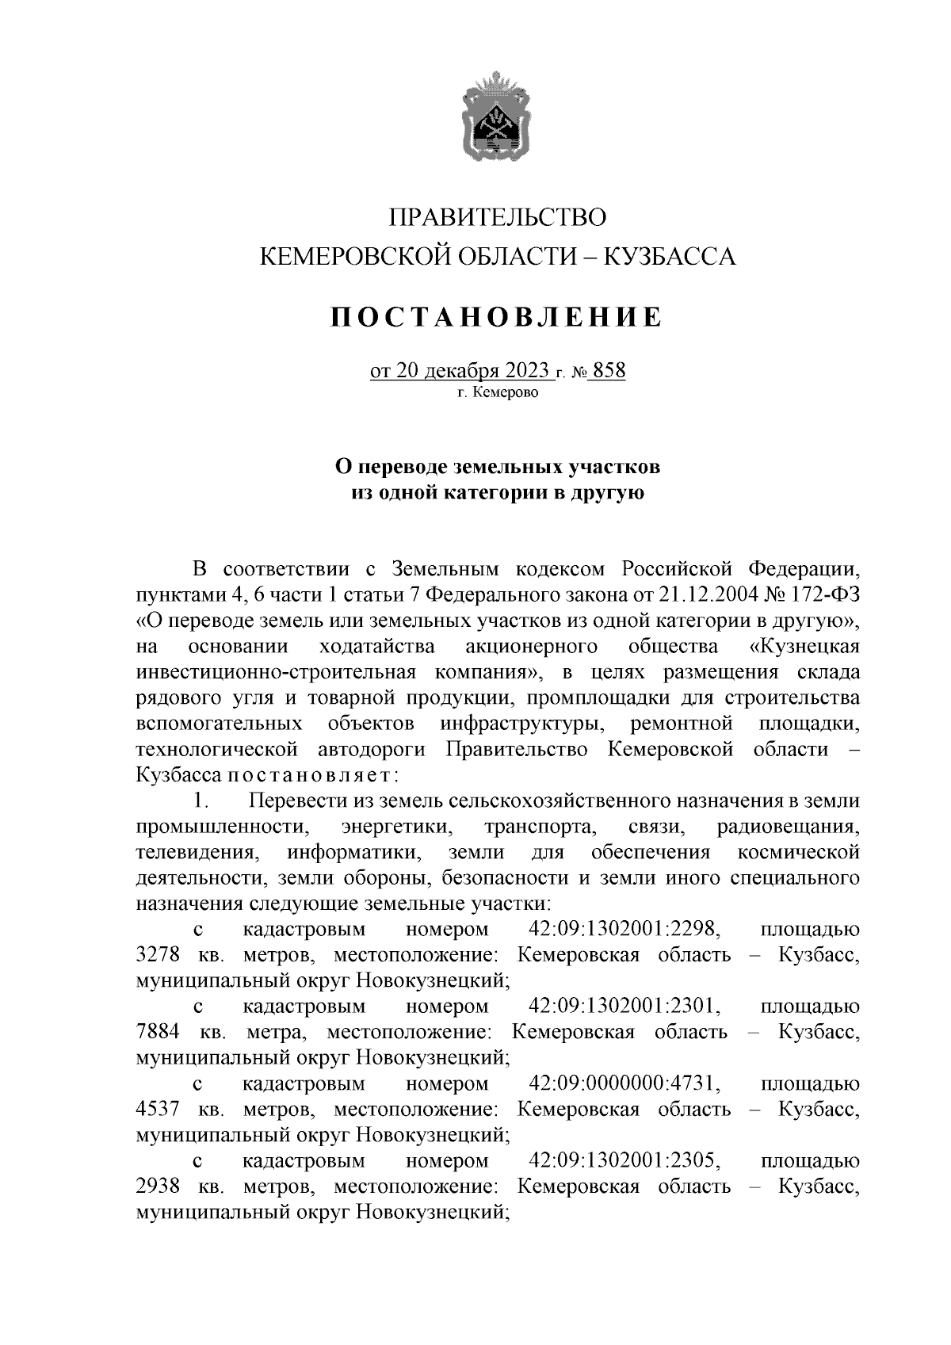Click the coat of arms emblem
(x=497, y=116)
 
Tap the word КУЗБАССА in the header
(x=670, y=256)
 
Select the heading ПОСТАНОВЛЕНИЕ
(x=496, y=317)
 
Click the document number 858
(x=609, y=371)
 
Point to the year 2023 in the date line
(x=524, y=371)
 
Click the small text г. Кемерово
(x=497, y=392)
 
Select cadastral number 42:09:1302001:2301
(x=624, y=1007)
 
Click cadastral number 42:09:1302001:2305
(x=624, y=1161)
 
